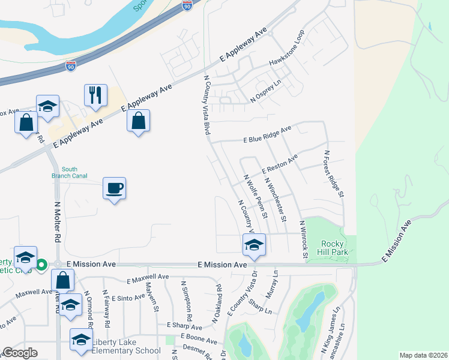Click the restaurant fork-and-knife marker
tap(96, 95)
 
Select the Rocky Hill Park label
tap(334, 247)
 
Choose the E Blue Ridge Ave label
tap(267, 134)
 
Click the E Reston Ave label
tap(279, 163)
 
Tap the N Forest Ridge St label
tap(334, 174)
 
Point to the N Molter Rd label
tap(58, 221)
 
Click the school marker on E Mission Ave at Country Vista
tap(253, 245)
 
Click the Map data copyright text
tap(423, 355)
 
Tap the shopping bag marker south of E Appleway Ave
tap(138, 121)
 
